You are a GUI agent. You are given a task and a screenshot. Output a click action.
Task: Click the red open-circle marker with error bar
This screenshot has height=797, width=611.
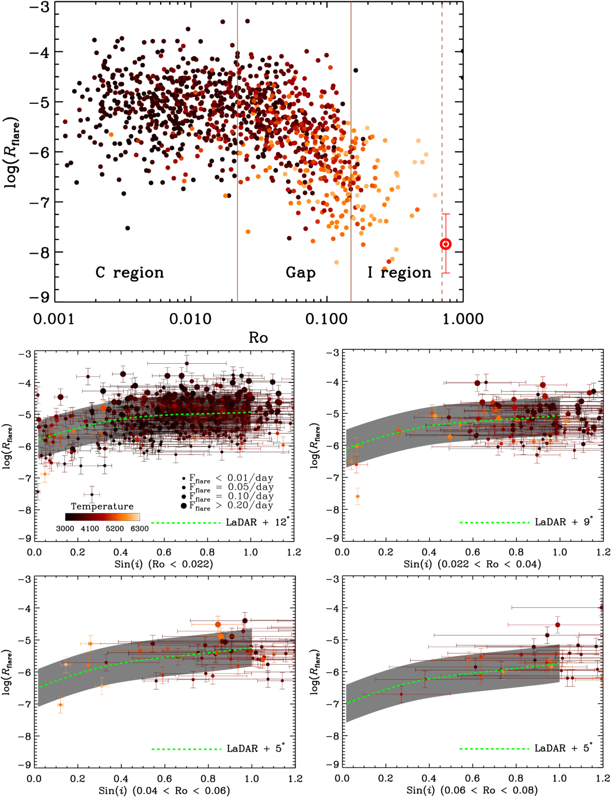click(445, 244)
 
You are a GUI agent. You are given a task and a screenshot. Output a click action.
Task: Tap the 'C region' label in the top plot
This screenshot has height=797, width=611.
click(130, 273)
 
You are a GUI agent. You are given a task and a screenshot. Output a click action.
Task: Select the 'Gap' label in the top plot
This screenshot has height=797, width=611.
click(300, 273)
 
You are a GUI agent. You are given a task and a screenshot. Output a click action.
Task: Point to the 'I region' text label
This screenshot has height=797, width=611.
click(399, 273)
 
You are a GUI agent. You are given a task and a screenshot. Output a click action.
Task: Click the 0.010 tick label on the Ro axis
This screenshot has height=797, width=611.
click(190, 319)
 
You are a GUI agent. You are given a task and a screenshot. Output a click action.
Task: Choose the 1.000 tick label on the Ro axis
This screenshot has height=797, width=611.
click(463, 319)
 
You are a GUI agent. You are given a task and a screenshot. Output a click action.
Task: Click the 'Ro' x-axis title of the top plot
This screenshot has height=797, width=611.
click(258, 338)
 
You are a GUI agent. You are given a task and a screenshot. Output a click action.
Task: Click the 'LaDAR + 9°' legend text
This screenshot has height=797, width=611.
click(564, 522)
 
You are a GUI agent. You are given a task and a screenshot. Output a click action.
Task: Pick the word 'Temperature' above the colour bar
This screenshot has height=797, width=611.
click(102, 506)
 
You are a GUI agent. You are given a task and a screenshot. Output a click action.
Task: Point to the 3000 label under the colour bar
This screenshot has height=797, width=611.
click(66, 529)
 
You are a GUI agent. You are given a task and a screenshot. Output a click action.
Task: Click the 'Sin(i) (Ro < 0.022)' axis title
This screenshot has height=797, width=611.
click(164, 564)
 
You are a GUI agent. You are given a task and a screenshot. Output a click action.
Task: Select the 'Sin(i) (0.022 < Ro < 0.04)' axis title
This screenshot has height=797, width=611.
click(472, 564)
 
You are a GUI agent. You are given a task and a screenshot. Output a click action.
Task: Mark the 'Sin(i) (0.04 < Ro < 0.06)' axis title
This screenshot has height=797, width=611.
click(164, 790)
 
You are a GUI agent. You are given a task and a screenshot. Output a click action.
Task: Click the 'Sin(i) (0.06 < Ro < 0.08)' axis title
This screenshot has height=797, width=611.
click(472, 790)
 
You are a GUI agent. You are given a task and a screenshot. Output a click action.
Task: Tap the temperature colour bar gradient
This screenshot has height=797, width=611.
click(102, 517)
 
